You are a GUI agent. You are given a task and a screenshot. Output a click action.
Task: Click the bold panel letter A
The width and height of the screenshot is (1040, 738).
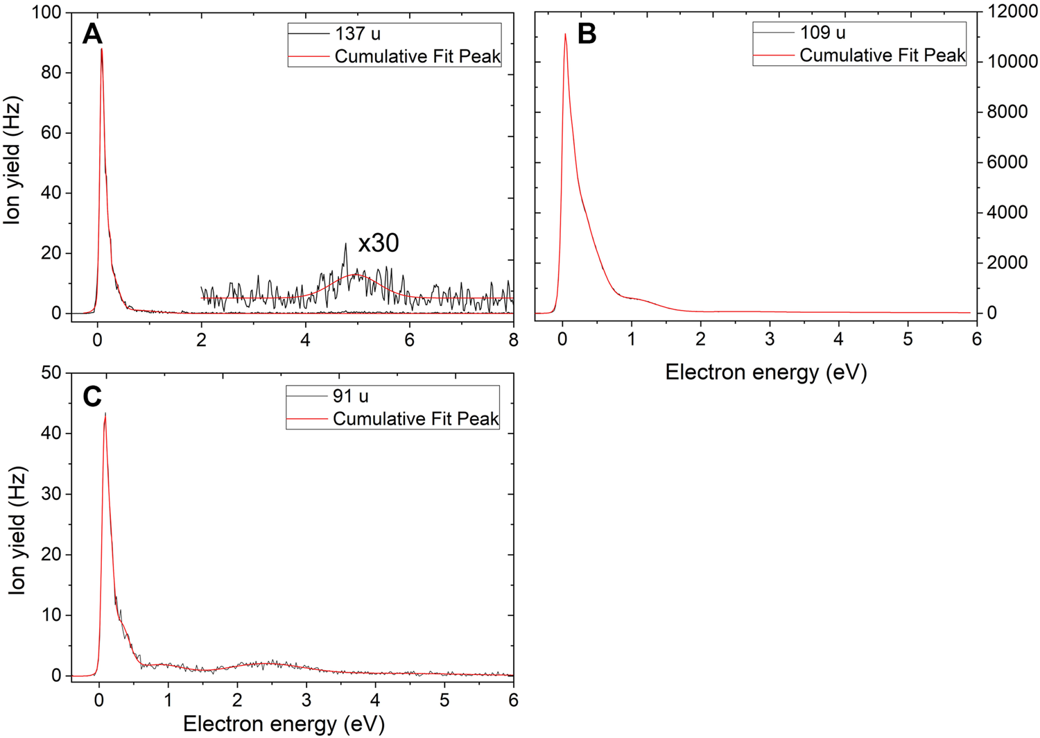(x=92, y=34)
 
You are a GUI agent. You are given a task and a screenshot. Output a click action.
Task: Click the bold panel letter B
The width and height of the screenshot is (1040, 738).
(x=587, y=34)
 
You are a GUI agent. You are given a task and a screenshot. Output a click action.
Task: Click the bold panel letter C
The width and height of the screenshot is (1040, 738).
(x=92, y=397)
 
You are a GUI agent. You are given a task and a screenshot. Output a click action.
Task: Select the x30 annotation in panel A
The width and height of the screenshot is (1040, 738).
(x=379, y=243)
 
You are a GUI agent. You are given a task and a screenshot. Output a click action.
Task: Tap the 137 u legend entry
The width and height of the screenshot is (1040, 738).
(x=357, y=34)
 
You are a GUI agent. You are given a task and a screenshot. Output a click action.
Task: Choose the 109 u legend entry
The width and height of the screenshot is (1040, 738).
(x=822, y=33)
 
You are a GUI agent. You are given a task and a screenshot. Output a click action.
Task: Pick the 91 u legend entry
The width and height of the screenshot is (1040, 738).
(x=350, y=396)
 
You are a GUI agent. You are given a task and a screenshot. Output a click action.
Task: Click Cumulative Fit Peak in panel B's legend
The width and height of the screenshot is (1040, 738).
(x=882, y=55)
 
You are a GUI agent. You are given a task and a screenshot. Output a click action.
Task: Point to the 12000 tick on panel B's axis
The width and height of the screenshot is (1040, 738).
(x=1009, y=12)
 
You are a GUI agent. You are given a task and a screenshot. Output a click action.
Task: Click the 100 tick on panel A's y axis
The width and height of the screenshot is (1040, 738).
(x=46, y=12)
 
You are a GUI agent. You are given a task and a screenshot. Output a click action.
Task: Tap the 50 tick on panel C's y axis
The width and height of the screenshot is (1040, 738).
(x=52, y=373)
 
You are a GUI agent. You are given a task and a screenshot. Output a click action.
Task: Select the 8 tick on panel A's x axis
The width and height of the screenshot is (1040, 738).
(x=513, y=339)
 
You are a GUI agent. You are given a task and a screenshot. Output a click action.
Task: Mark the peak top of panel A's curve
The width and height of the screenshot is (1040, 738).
(x=102, y=49)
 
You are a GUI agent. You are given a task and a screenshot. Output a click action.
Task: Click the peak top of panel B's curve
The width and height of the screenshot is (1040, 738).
(x=565, y=34)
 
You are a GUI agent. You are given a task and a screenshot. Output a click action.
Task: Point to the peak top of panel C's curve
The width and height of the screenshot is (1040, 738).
(x=105, y=413)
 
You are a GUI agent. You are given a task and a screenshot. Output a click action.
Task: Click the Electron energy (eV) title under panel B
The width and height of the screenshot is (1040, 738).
(x=765, y=373)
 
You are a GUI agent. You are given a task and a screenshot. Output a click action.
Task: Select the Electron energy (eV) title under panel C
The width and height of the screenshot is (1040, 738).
(x=284, y=724)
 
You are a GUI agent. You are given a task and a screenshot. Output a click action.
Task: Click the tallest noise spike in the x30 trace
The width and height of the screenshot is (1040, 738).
(x=345, y=244)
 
